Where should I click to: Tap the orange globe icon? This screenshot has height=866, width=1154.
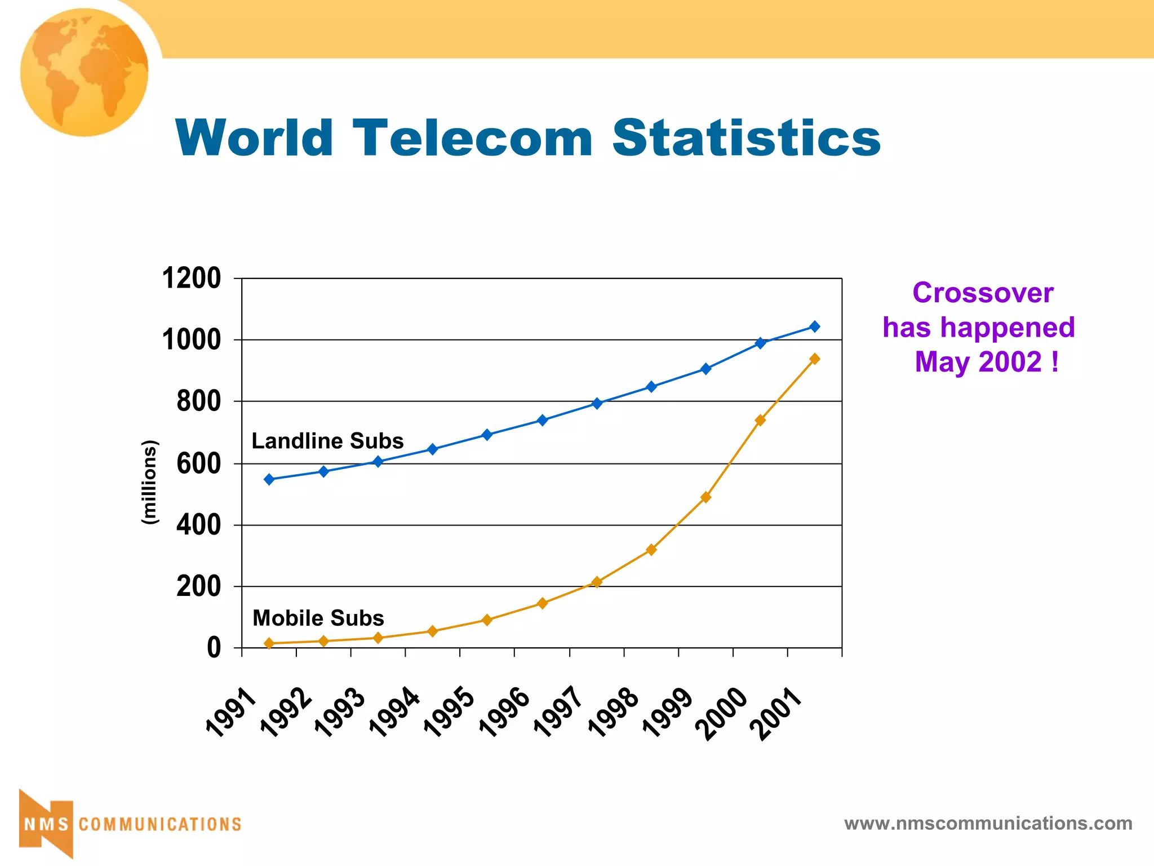[85, 72]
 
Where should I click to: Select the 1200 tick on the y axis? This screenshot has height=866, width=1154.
[192, 279]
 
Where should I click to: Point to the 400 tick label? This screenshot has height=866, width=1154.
[198, 525]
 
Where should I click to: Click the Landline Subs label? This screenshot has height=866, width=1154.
[327, 441]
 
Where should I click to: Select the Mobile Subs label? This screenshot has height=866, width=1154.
[318, 618]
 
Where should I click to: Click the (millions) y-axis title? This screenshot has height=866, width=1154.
[149, 483]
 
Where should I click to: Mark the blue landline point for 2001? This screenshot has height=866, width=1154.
[814, 326]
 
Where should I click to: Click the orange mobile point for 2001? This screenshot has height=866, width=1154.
[814, 359]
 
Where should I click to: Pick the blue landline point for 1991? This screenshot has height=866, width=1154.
[269, 479]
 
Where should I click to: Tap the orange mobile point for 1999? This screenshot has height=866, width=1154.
[705, 497]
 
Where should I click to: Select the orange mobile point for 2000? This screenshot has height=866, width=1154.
[760, 420]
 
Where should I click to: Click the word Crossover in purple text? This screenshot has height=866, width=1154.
[983, 293]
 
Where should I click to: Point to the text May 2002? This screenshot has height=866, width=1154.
[978, 362]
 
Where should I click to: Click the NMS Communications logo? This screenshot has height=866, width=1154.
[130, 824]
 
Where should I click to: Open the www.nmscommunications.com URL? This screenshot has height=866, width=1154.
[988, 823]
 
